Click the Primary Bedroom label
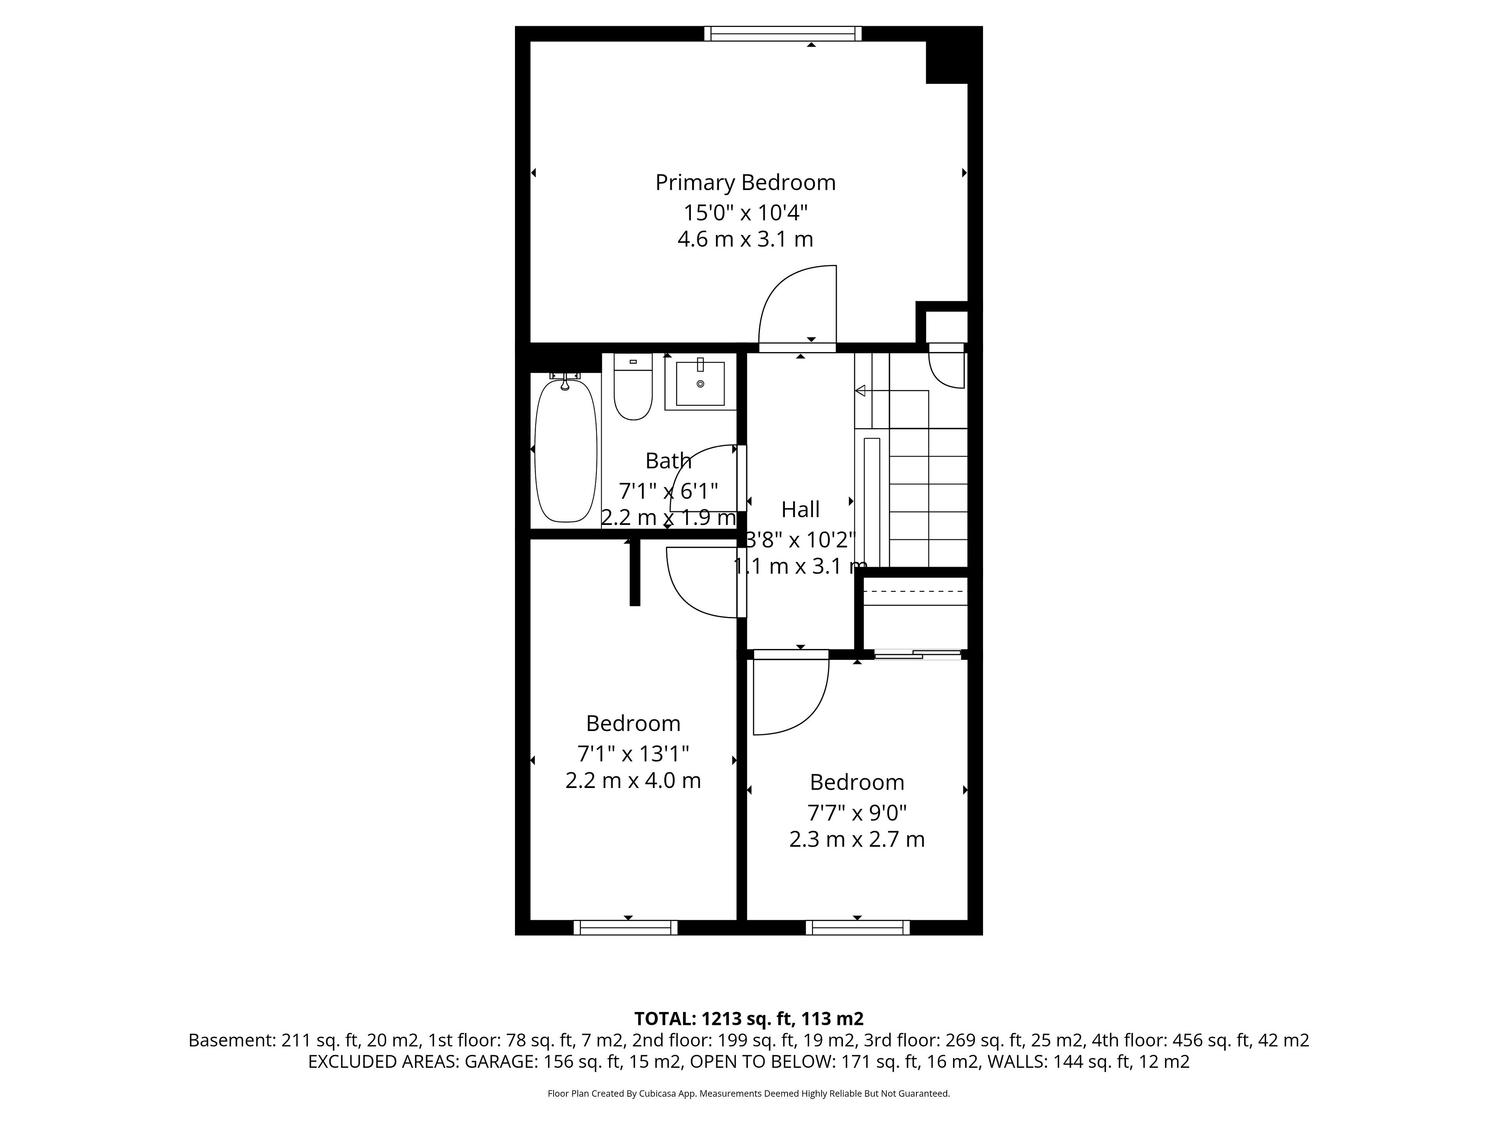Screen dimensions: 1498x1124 (x=745, y=183)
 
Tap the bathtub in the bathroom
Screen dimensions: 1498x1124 (x=566, y=450)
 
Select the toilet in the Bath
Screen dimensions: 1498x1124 (x=632, y=386)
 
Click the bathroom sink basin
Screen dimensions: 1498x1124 (x=700, y=384)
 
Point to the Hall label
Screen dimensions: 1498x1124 (x=800, y=509)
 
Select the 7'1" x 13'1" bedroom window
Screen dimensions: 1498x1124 (x=626, y=928)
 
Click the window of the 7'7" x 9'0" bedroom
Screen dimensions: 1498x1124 (x=857, y=928)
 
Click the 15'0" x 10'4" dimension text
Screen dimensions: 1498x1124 (x=745, y=213)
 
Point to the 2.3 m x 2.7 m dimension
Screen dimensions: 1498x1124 (x=857, y=839)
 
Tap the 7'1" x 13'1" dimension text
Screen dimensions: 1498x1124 (x=633, y=753)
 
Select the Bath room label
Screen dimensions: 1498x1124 (x=668, y=461)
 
